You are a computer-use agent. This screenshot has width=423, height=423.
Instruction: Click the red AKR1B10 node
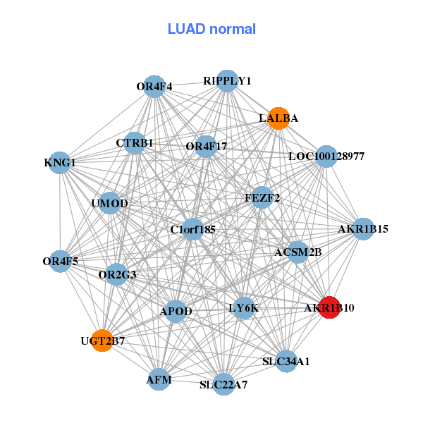[329, 307]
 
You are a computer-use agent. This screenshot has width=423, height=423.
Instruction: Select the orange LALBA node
[278, 118]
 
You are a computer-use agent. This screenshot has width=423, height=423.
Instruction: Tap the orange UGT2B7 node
[103, 341]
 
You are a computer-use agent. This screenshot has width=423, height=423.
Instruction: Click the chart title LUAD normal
[211, 29]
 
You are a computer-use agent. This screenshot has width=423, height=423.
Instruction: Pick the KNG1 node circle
[60, 164]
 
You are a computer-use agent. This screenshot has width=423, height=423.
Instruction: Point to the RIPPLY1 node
[227, 80]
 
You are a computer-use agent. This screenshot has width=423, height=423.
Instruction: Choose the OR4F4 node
[154, 87]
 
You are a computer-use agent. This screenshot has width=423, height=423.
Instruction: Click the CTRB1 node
[135, 143]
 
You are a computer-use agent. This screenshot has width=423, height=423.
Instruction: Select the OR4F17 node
[206, 147]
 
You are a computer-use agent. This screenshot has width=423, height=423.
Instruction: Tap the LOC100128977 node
[326, 156]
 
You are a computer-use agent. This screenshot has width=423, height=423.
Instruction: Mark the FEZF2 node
[262, 198]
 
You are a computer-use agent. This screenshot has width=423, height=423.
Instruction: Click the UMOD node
[110, 204]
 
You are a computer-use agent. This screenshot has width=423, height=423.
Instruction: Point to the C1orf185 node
[193, 229]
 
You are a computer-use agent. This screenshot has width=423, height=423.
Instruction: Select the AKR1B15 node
[362, 229]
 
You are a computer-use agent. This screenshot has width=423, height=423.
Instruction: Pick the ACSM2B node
[298, 252]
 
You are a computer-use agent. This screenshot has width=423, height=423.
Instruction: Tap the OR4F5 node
[61, 261]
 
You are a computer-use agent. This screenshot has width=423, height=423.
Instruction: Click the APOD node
[176, 311]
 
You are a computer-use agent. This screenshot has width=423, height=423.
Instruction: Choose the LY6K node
[244, 308]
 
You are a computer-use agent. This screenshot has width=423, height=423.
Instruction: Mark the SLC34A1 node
[286, 361]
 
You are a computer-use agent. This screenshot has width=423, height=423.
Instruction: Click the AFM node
[159, 379]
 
